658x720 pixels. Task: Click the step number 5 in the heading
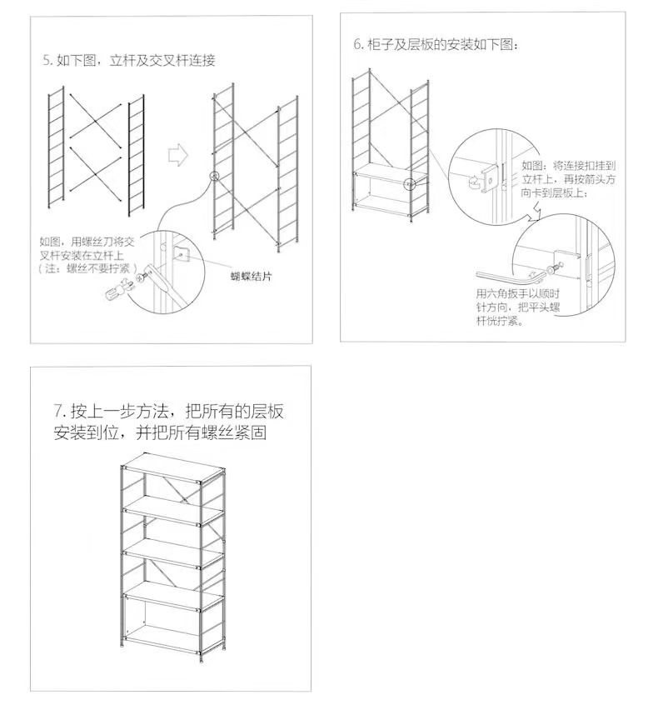[47, 61]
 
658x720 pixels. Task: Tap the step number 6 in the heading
[357, 44]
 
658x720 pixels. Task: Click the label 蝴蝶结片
[252, 275]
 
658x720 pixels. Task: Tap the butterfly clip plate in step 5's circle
[183, 252]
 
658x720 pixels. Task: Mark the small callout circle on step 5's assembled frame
[214, 177]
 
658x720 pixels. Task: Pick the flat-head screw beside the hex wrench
[551, 268]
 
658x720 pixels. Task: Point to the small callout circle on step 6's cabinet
[409, 184]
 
